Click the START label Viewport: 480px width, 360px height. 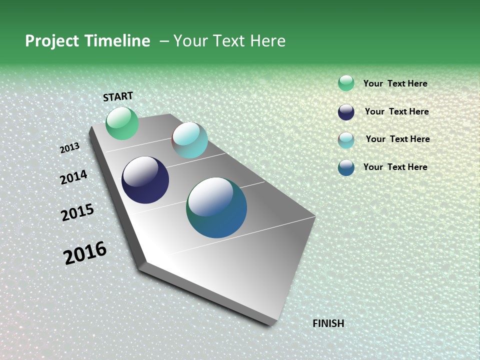(x=118, y=96)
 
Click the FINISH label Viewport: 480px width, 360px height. (x=328, y=323)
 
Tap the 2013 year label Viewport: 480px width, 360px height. (x=69, y=148)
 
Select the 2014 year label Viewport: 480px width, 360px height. (x=73, y=177)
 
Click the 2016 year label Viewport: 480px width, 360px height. (x=85, y=253)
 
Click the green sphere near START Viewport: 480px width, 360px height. (x=122, y=123)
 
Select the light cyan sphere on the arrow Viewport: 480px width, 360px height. (x=190, y=140)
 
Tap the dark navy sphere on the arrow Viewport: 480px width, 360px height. (x=145, y=180)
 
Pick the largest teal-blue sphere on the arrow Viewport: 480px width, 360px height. (x=216, y=207)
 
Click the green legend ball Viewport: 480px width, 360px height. (x=346, y=83)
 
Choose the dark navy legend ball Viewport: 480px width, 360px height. (x=346, y=112)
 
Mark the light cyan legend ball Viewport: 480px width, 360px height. (x=346, y=140)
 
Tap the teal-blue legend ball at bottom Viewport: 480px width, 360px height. (x=346, y=167)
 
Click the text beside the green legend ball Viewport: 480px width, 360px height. (x=395, y=83)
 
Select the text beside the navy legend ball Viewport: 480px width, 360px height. (x=396, y=111)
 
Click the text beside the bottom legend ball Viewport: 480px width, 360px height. (x=395, y=167)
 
